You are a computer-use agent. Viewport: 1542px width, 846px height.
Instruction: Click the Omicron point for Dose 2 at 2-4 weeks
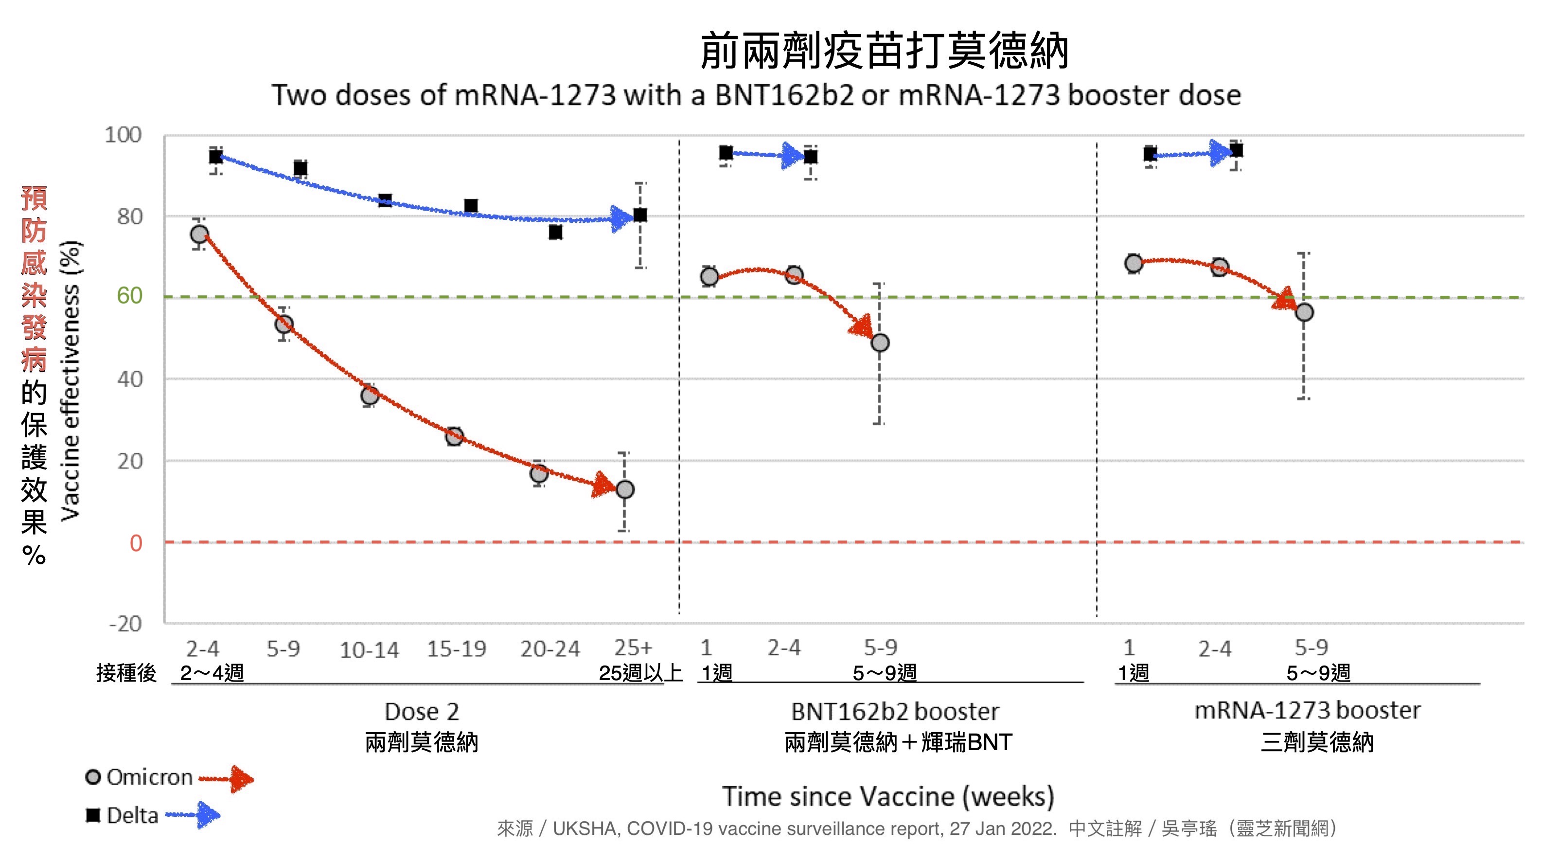(x=199, y=234)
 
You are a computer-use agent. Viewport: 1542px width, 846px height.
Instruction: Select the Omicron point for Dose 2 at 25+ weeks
(x=624, y=489)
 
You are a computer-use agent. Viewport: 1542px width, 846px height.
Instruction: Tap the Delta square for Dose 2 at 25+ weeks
(x=640, y=215)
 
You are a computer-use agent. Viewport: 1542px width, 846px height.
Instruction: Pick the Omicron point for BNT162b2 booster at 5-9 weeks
(x=879, y=342)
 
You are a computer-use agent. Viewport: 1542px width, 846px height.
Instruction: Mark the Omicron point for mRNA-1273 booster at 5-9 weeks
(x=1304, y=312)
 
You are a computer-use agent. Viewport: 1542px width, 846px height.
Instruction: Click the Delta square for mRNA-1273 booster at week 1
(x=1150, y=154)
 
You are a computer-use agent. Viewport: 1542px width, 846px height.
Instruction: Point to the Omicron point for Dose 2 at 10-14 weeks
(x=370, y=395)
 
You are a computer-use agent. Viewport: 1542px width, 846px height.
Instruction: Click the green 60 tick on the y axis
(x=129, y=296)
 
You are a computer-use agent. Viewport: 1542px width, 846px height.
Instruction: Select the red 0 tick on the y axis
(x=136, y=543)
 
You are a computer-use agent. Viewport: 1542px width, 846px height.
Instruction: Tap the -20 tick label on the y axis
(x=125, y=624)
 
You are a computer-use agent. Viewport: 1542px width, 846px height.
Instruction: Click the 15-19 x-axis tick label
(x=456, y=648)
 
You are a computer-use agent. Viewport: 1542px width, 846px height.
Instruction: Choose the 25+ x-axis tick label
(x=633, y=647)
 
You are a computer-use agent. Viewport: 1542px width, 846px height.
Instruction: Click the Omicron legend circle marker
(x=93, y=777)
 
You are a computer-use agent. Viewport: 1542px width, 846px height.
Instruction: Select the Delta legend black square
(x=93, y=815)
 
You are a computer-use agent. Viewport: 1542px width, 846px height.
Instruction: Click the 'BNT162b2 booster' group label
(x=894, y=711)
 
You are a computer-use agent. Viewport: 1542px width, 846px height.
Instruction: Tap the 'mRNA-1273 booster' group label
(x=1307, y=710)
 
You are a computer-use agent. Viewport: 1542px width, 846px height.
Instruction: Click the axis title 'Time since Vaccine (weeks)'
(x=888, y=796)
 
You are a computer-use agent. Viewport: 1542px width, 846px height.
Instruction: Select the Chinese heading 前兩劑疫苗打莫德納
(x=884, y=51)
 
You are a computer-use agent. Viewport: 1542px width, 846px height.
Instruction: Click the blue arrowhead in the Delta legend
(x=208, y=815)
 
